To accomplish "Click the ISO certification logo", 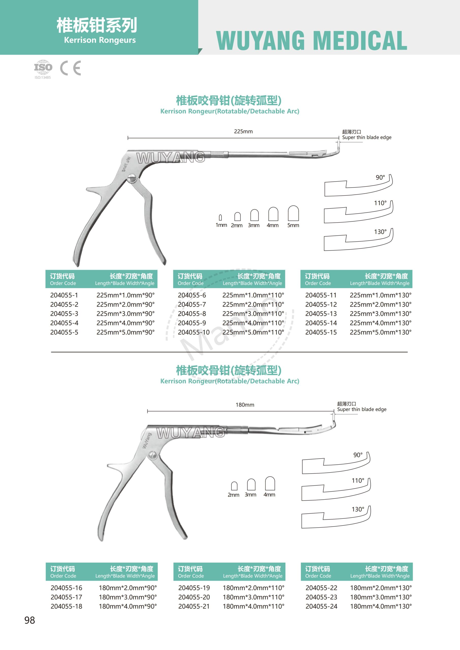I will (43, 68).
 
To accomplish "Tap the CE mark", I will (71, 68).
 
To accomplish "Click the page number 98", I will (29, 620).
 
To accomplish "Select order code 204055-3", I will (64, 314).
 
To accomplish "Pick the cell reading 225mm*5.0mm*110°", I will (253, 332).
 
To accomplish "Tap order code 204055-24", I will (321, 606).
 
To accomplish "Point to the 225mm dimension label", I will (243, 131).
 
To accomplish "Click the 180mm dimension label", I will (245, 405).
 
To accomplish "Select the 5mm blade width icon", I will (293, 214).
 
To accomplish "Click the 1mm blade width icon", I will (220, 217).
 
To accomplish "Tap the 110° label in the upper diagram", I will (380, 203).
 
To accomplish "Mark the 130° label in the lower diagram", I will (358, 509).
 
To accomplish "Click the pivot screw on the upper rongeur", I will (132, 179).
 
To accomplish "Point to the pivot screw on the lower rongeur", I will (152, 455).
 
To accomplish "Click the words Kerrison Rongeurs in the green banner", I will (100, 40).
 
